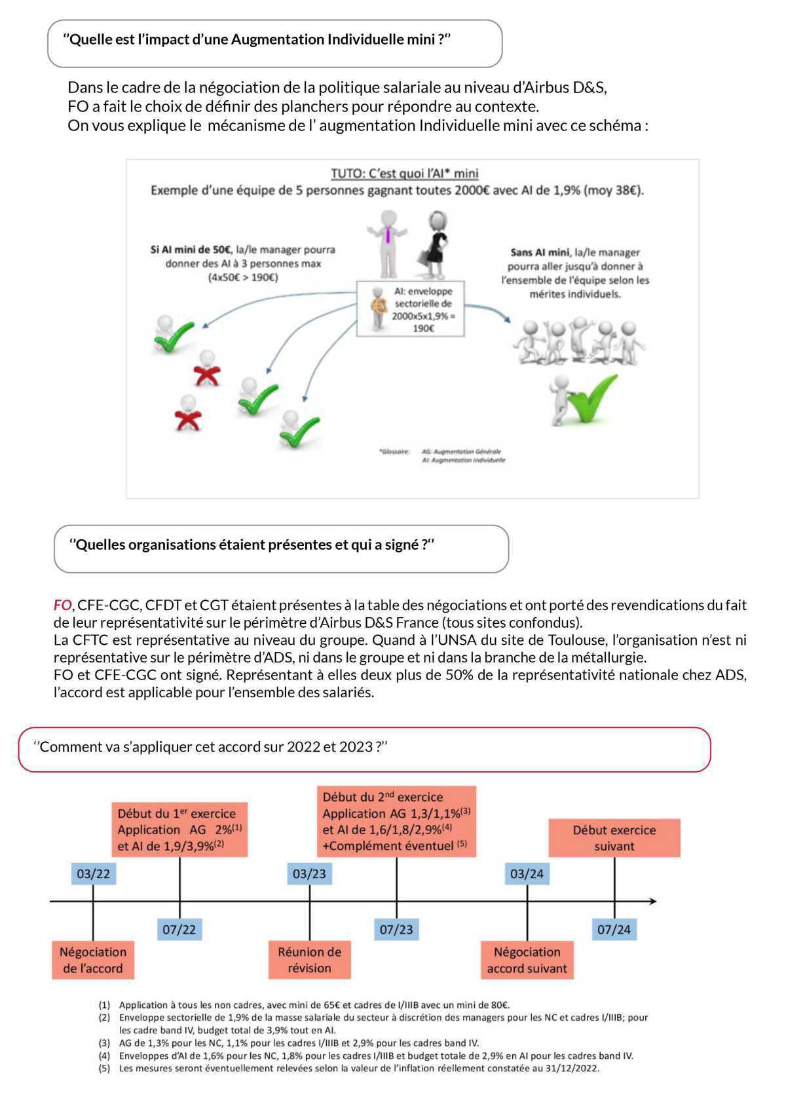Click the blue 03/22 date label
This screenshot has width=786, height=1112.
point(93,873)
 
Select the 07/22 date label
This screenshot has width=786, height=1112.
point(179,929)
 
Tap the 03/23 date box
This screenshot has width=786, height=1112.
point(310,873)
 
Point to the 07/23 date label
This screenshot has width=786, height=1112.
point(396,929)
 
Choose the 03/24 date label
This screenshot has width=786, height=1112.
point(527,873)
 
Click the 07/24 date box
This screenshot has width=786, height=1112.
point(614,929)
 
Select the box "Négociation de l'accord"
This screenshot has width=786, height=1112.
point(93,960)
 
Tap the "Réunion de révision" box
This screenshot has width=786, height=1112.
point(310,960)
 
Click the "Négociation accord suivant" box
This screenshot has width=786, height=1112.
point(527,960)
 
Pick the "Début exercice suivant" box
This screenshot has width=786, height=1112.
point(614,838)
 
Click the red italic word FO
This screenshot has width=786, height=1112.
point(62,605)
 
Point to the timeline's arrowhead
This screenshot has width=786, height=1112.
point(652,901)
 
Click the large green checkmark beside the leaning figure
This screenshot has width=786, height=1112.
point(593,397)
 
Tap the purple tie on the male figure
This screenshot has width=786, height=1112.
point(388,235)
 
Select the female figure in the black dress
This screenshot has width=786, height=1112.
point(434,244)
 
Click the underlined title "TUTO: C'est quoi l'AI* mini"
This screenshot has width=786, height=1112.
point(404,173)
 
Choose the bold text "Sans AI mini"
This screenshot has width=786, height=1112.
point(540,252)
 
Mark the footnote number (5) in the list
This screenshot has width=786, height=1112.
point(104,1068)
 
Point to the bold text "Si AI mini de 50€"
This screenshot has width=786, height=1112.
point(191,250)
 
